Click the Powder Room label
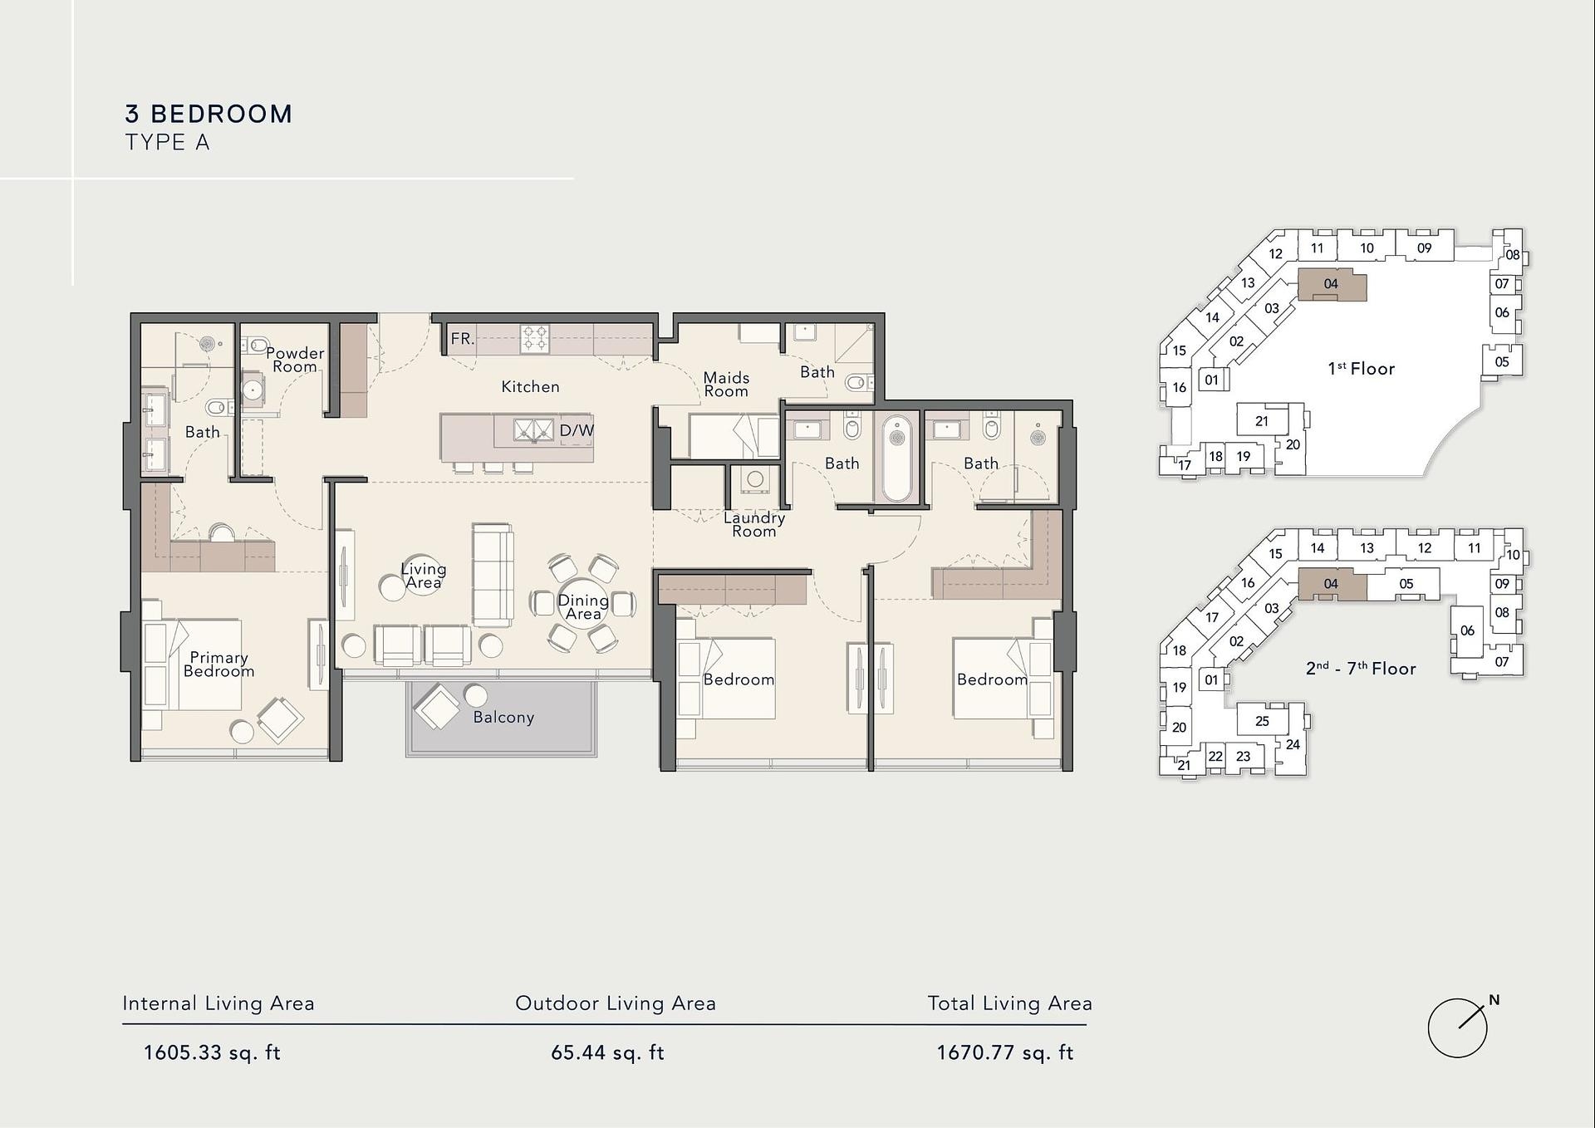[295, 360]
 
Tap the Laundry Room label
[754, 524]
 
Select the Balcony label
[503, 718]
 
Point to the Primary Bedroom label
[218, 665]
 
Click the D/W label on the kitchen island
[577, 430]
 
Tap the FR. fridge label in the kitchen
[463, 339]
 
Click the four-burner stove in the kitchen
[534, 339]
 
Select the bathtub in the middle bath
[897, 458]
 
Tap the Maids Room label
[726, 385]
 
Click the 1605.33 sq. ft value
[213, 1053]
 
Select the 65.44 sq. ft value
[608, 1053]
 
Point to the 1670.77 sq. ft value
[1005, 1053]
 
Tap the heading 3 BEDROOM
[209, 114]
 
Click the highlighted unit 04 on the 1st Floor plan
[1332, 284]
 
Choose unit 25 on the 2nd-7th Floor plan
[1262, 720]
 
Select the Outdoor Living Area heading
[616, 1003]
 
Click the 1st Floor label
[1361, 369]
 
